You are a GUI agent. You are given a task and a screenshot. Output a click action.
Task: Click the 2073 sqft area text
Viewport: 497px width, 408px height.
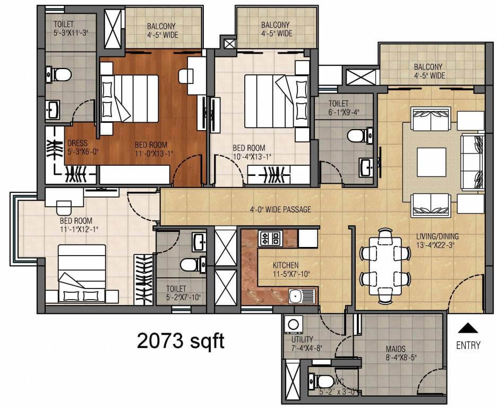pyautogui.click(x=181, y=341)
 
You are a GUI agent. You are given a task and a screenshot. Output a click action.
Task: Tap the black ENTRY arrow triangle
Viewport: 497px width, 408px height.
pyautogui.click(x=468, y=328)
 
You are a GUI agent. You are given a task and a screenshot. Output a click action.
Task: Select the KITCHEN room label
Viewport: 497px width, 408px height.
pyautogui.click(x=286, y=265)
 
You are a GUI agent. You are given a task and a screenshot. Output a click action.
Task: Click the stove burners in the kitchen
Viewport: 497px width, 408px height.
pyautogui.click(x=270, y=239)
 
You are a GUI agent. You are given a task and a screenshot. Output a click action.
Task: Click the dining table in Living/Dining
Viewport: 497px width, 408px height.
pyautogui.click(x=385, y=264)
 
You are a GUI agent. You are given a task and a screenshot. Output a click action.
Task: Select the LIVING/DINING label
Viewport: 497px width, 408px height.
pyautogui.click(x=438, y=236)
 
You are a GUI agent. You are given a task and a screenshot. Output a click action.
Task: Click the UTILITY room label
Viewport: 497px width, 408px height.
pyautogui.click(x=302, y=339)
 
